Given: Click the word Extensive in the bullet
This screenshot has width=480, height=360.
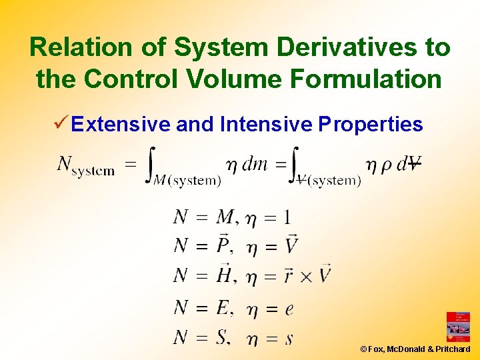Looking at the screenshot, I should [121, 124].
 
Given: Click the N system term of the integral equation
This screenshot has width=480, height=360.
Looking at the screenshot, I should [86, 165].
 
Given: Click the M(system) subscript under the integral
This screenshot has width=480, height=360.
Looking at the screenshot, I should [187, 180].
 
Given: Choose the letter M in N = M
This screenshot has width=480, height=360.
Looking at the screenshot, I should [225, 217].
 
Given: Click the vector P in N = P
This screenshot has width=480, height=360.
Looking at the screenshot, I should [224, 246].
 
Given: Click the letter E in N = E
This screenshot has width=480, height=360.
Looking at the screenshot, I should [223, 307].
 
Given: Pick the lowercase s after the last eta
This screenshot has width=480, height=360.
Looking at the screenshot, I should [289, 339].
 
